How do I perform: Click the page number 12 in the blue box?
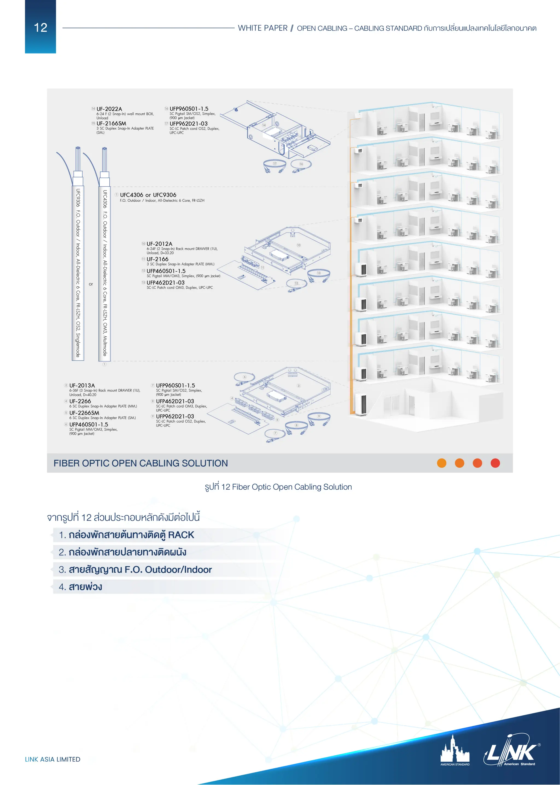pos(40,28)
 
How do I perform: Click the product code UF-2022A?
pos(109,109)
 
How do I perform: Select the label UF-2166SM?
pos(111,124)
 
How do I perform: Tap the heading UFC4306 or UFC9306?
pos(148,195)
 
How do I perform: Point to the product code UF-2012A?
pos(159,244)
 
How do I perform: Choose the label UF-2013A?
pos(82,385)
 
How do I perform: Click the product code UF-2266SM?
pos(84,413)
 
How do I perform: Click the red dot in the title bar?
pos(495,463)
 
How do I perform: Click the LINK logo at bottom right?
pos(512,754)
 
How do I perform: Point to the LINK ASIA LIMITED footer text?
pos(52,759)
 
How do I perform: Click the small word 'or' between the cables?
pos(91,284)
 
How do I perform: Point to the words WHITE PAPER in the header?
pos(262,28)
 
